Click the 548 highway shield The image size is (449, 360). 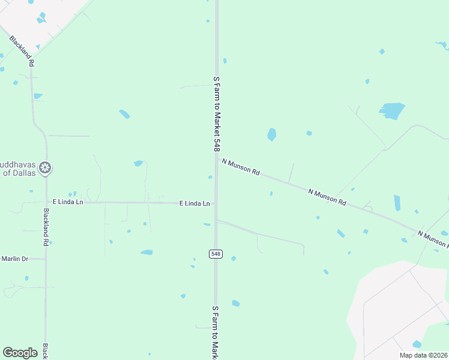tap(216, 254)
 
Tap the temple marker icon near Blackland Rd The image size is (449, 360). tap(44, 168)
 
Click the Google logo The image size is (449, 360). tap(20, 353)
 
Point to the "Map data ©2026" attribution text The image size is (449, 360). tap(424, 355)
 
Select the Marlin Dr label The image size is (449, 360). tap(14, 259)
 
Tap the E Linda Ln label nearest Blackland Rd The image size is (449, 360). tap(68, 202)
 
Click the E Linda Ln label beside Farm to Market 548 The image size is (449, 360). tap(195, 203)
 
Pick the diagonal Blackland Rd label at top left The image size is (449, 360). tap(22, 51)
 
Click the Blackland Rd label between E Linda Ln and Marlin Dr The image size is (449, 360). tap(46, 227)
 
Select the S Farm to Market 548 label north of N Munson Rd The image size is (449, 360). tap(217, 113)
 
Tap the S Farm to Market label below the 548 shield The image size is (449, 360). tap(215, 332)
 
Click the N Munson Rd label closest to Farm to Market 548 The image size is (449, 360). tap(240, 167)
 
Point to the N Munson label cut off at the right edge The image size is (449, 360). tap(433, 238)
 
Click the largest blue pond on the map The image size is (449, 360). tap(391, 110)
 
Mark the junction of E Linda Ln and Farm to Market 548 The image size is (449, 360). tap(216, 203)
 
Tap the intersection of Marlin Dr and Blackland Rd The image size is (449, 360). tap(46, 259)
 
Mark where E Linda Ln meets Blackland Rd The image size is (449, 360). tap(46, 202)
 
